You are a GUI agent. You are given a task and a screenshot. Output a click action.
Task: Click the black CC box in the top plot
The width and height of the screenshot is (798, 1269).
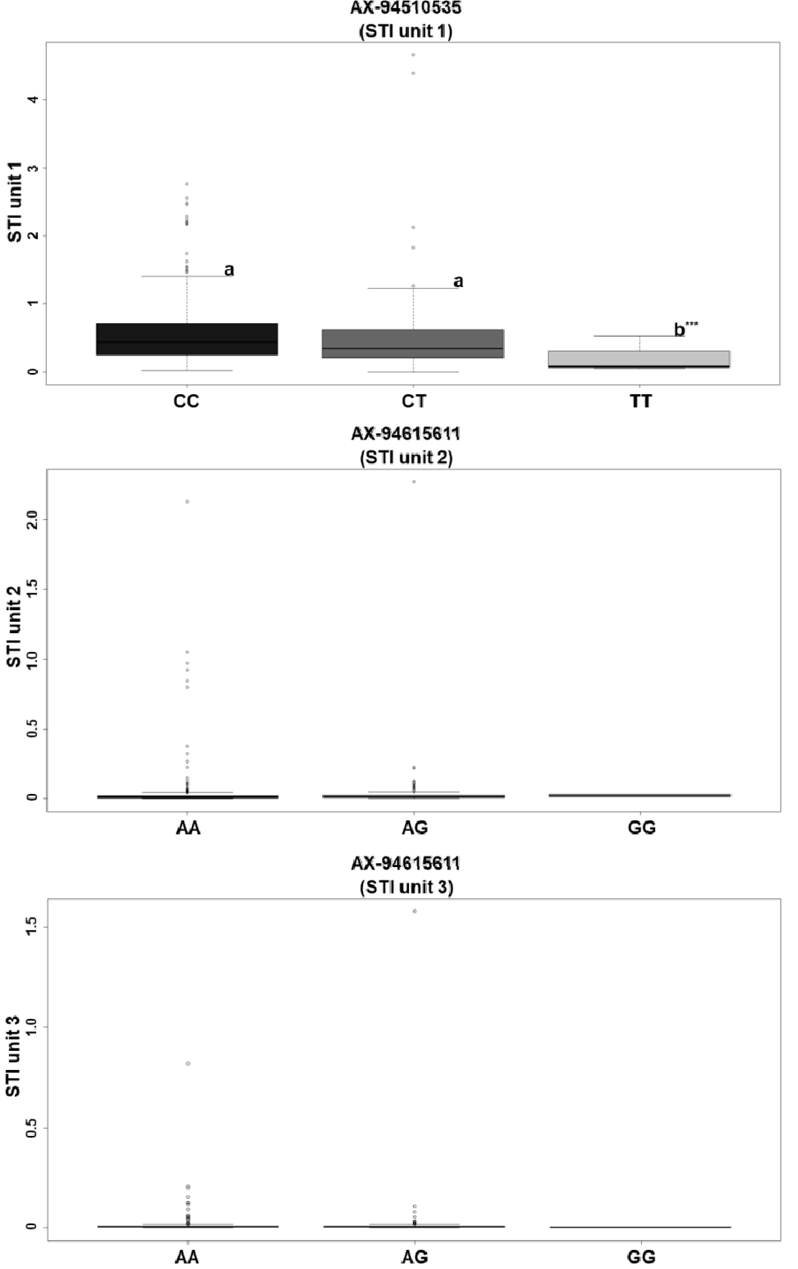coord(187,339)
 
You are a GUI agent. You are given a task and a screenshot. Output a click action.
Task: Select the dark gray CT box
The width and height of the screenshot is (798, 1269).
coord(413,344)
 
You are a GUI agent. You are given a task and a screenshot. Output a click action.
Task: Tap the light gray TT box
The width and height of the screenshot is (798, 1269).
coord(639,359)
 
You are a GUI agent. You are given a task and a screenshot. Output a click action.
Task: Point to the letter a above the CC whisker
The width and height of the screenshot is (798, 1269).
coord(229,270)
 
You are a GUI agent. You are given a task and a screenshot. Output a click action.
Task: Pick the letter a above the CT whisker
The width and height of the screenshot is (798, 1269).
coord(458,282)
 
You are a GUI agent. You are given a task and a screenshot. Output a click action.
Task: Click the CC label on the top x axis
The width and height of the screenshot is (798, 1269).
coord(187,401)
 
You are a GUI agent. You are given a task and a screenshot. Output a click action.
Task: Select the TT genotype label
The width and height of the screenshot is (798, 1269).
coord(641,401)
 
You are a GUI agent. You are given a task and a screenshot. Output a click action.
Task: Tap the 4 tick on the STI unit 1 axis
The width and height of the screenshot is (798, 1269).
coord(33,100)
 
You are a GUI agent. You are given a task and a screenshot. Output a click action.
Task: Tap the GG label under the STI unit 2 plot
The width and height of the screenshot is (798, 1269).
coord(642,828)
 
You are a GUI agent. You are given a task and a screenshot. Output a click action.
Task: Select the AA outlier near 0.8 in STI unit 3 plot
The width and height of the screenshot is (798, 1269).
coord(188,1064)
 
